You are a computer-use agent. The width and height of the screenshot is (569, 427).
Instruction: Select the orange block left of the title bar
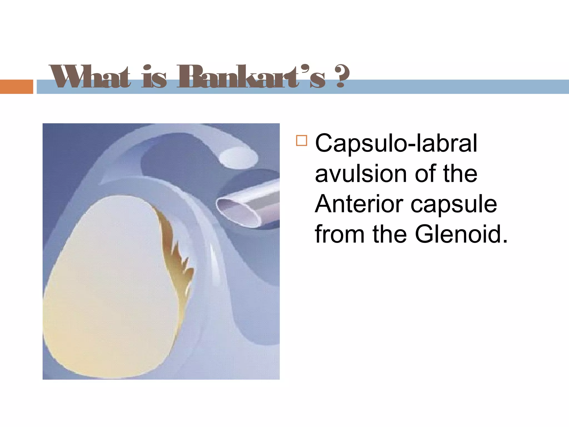pos(16,86)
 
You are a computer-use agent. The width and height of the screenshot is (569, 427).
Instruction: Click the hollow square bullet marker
pos(301,141)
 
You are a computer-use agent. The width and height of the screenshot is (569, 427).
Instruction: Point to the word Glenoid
pos(461,234)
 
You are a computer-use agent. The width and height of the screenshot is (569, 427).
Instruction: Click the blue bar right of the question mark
pos(458,86)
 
